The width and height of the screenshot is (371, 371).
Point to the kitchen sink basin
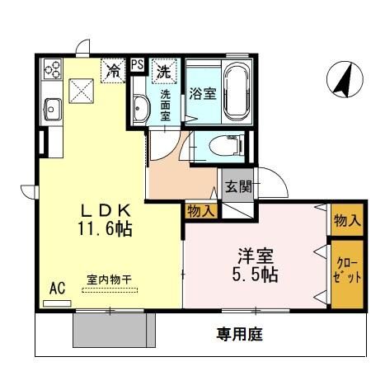coord(52,107)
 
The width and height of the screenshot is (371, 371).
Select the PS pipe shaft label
coord(137,63)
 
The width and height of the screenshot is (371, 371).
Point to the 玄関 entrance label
coord(232,184)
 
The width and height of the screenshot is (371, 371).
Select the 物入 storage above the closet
coord(346,220)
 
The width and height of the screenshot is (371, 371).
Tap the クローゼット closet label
coord(347,271)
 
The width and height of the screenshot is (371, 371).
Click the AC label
coord(57,289)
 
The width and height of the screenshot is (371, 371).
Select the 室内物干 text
coord(110,279)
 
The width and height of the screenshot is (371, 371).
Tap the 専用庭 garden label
coord(240,334)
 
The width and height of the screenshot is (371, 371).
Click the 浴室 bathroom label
coord(200,93)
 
